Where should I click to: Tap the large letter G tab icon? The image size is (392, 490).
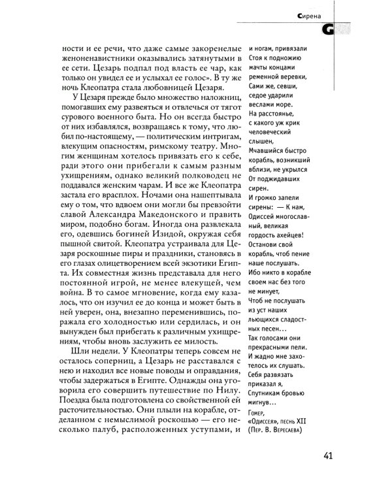340,29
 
